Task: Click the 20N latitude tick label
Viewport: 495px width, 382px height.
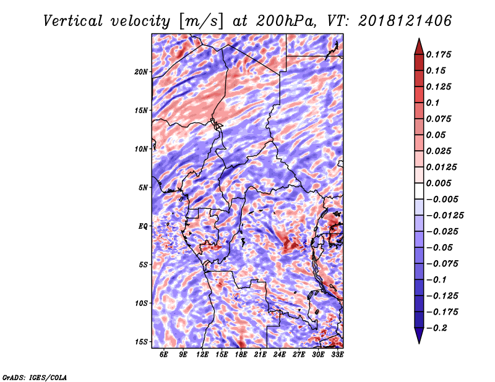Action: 141,72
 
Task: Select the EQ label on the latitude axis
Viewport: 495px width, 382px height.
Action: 143,226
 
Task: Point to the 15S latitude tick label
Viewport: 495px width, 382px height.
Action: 141,342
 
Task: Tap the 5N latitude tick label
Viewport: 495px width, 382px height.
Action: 143,188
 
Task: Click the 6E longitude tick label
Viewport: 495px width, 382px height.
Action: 163,354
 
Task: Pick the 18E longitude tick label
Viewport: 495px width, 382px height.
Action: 241,354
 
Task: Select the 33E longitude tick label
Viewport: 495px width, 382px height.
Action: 337,354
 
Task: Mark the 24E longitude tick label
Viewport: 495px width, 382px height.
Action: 280,354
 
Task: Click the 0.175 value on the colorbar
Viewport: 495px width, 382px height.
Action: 439,54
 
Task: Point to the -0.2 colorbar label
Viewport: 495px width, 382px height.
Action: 437,328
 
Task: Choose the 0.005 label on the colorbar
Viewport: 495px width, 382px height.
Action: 439,183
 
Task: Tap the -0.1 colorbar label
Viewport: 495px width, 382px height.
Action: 436,280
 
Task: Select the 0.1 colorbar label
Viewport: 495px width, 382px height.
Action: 433,103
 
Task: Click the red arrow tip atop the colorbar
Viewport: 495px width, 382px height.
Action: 419,39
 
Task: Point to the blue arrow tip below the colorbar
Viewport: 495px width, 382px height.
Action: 419,342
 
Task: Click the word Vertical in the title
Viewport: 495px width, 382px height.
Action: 73,21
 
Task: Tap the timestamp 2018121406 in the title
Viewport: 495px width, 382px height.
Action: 405,21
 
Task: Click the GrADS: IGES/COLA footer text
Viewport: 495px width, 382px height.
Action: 35,377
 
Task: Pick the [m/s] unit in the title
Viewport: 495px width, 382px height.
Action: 201,21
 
